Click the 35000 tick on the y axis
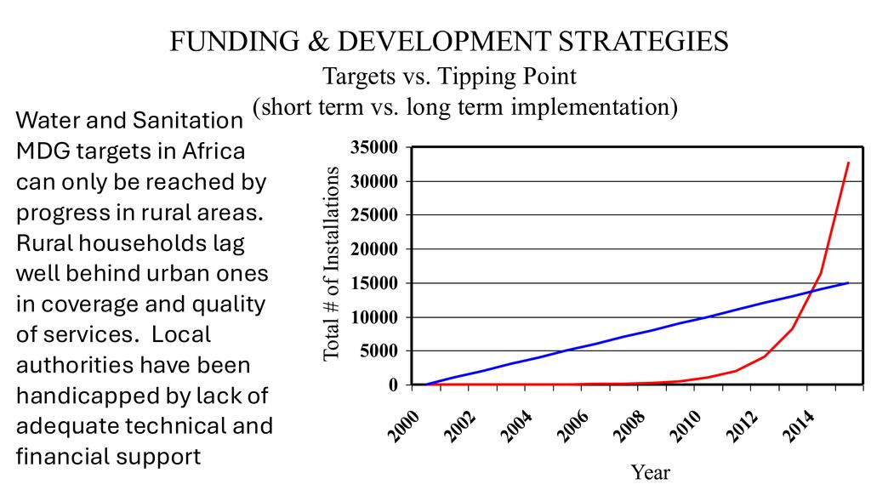375,148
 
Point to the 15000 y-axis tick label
375,283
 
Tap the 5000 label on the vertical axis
379,351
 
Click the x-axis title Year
650,471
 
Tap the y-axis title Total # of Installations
333,264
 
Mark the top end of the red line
848,162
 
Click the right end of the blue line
848,282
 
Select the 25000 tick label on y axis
375,215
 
